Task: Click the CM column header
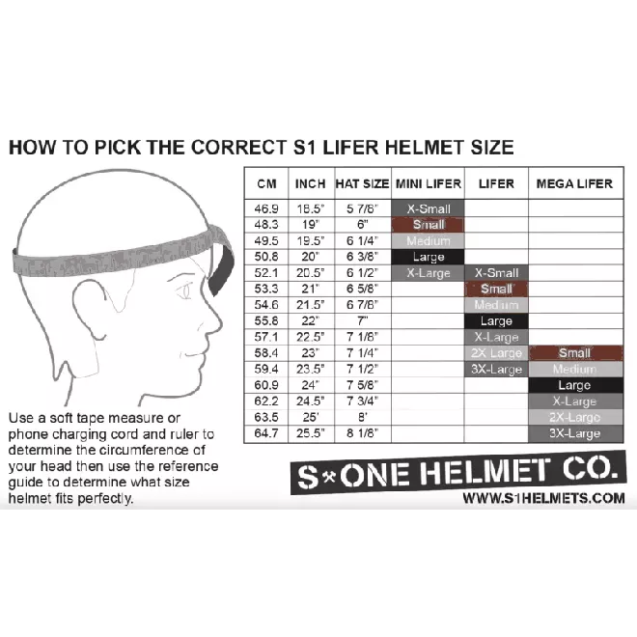coord(265,183)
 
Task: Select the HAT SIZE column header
coord(362,183)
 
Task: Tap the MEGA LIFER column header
coord(574,183)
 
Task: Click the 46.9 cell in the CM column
coord(265,208)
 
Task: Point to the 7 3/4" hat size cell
coord(362,402)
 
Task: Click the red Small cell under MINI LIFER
coord(429,225)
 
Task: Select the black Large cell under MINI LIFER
coord(429,257)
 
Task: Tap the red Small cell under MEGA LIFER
coord(574,353)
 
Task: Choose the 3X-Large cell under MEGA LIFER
coord(574,433)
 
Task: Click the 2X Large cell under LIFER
coord(496,353)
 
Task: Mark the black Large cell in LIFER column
coord(496,321)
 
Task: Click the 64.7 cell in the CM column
coord(265,433)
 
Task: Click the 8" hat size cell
coord(362,418)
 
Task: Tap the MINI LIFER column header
coord(429,183)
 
